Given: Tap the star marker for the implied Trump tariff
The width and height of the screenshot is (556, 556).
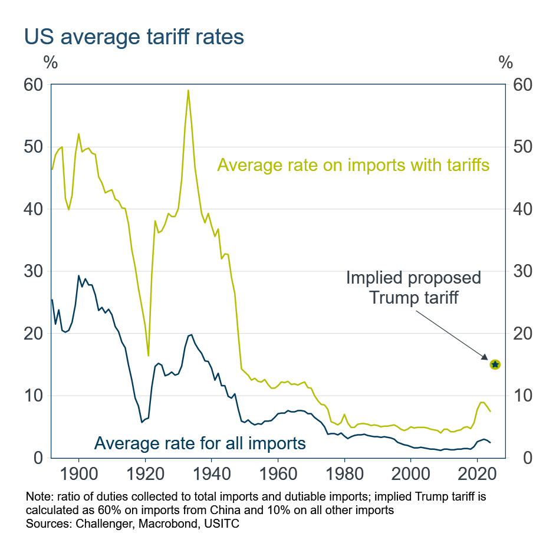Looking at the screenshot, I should click(495, 364).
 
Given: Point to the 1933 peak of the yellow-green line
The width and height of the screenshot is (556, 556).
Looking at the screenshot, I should click(188, 90).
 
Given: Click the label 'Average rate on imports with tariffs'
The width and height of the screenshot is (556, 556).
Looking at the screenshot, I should click(353, 165).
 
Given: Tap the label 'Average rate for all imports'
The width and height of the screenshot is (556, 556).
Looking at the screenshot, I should click(200, 442).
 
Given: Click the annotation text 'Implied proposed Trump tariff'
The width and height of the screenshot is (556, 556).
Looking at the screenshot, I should click(413, 287).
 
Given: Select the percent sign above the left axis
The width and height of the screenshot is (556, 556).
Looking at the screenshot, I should click(50, 61).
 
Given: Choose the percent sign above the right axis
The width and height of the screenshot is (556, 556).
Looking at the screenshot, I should click(506, 61).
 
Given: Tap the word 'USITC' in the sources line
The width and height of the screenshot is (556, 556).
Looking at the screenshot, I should click(203, 522).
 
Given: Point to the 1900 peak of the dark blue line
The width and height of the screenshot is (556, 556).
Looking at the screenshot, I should click(78, 275).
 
